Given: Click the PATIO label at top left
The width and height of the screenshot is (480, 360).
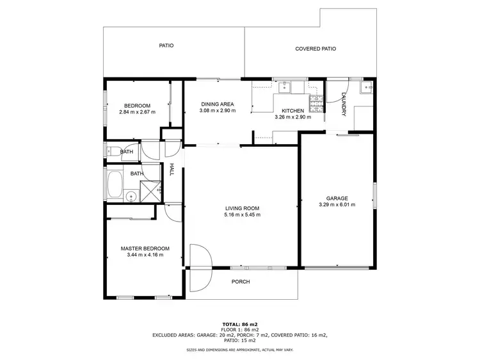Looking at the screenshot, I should click(x=166, y=45).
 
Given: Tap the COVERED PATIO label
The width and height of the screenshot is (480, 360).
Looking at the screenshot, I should click(x=316, y=49).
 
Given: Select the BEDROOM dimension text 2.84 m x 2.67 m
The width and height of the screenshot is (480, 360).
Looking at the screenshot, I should click(x=137, y=112).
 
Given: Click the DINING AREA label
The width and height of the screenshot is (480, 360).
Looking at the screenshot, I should click(x=217, y=104).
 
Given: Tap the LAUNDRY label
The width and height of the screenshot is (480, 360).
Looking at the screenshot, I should click(x=344, y=104).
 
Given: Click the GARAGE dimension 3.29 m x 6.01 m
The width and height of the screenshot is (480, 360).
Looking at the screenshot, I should click(x=337, y=205).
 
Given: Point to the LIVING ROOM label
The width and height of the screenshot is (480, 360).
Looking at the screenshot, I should click(x=241, y=208).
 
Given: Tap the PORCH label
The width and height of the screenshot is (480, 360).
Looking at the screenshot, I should click(x=241, y=282).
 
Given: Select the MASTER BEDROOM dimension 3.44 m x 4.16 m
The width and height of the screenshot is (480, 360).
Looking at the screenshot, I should click(x=145, y=255).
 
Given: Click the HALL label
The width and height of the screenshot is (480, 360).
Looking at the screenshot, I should click(x=172, y=170).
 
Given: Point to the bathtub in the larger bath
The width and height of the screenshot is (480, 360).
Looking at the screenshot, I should click(x=115, y=184).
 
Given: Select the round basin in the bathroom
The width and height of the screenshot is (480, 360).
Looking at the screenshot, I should click(x=131, y=197).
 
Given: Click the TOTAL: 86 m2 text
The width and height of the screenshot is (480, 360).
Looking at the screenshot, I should click(x=240, y=325).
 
